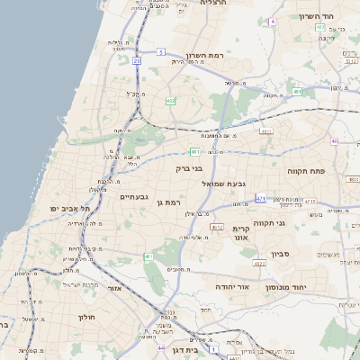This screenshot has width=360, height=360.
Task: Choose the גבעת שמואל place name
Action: click(x=218, y=184)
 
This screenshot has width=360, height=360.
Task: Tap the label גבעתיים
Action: click(x=134, y=196)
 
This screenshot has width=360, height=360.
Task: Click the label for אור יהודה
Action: click(x=232, y=285)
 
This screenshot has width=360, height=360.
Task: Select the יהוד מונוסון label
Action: click(x=283, y=285)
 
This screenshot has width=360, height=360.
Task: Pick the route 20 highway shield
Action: click(x=137, y=61)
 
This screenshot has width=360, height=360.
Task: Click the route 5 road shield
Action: click(x=158, y=54)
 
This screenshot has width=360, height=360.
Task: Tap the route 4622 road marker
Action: click(x=259, y=264)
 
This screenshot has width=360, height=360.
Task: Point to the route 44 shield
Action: click(x=160, y=347)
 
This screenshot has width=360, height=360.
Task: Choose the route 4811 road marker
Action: click(x=265, y=131)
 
